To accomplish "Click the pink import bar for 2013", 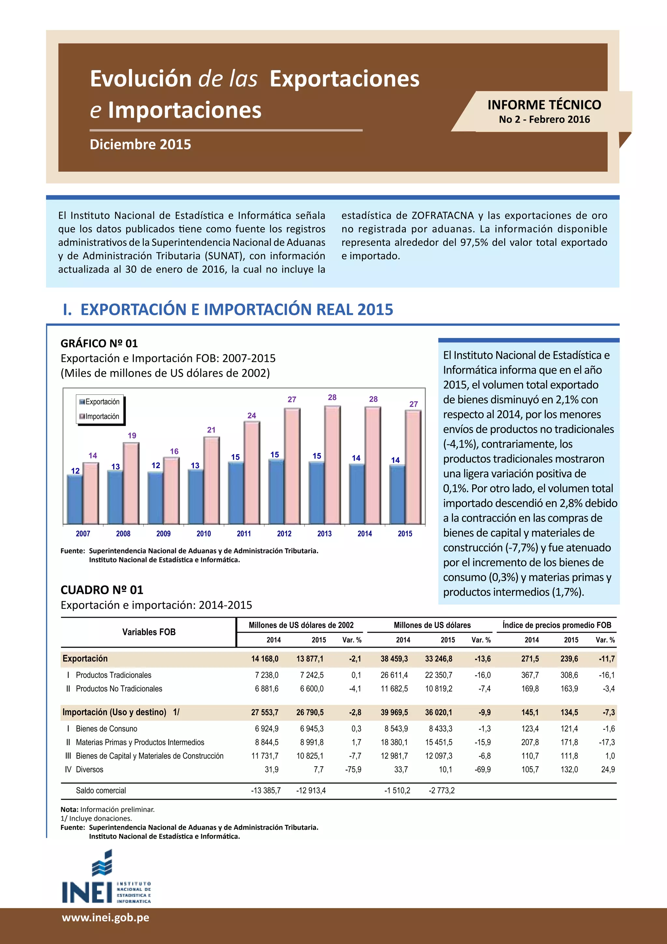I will (332, 465).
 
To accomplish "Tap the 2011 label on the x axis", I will (244, 534).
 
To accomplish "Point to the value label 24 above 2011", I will (252, 416).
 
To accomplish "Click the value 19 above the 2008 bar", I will (132, 435).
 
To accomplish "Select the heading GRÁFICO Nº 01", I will (99, 343).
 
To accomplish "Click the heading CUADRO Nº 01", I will (102, 590).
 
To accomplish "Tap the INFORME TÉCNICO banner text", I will (544, 105).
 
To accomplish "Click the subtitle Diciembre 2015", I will (140, 144).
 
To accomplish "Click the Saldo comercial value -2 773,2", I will (442, 790).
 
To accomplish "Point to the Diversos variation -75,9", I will (353, 769).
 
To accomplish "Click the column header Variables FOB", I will (149, 632).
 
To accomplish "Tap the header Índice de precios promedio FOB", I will (557, 625).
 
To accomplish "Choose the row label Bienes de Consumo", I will (106, 729).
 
